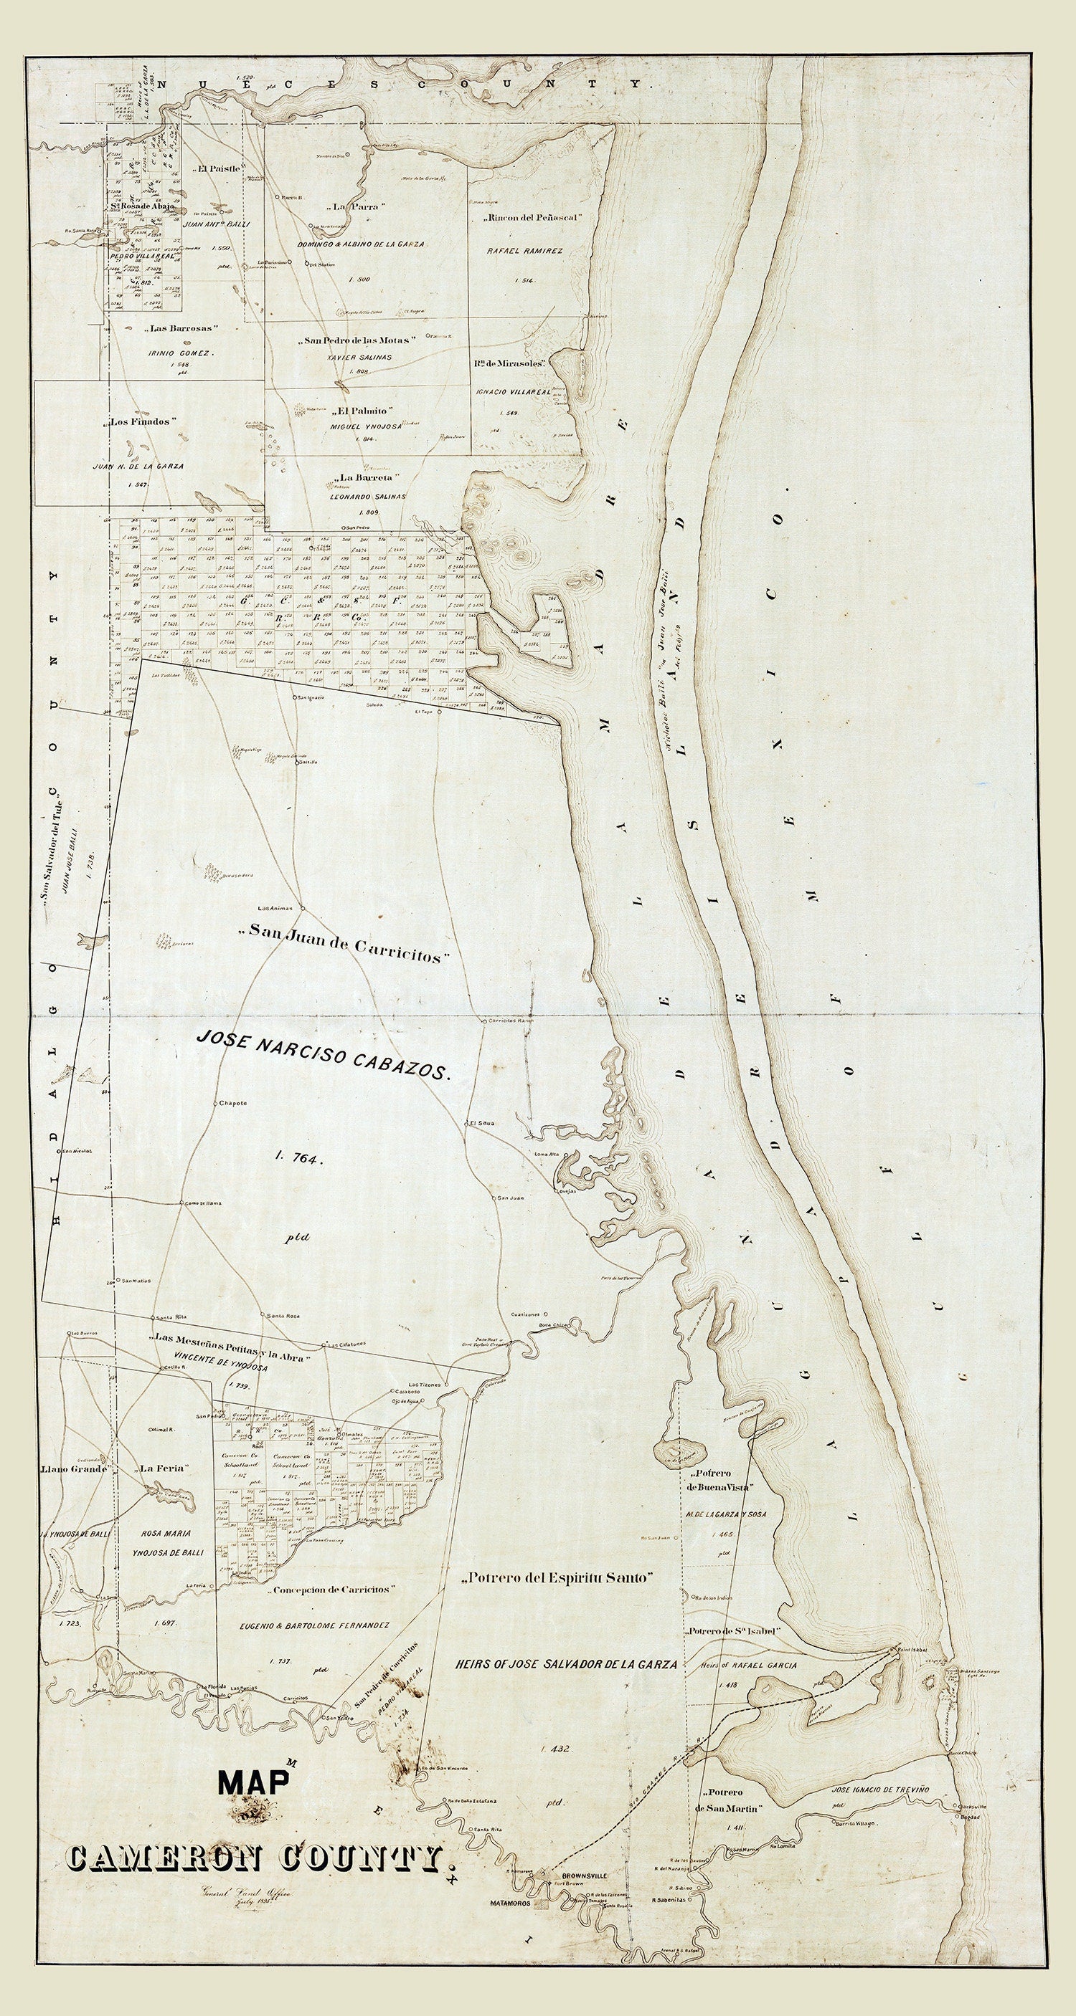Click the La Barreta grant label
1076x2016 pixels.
(367, 477)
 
